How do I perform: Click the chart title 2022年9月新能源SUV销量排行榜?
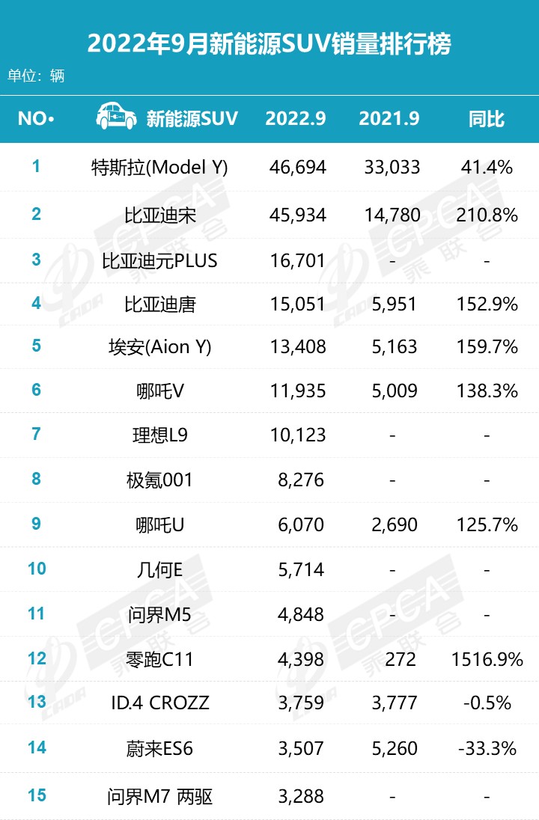coord(269,44)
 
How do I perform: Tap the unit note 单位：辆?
coord(36,76)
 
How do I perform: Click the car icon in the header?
coord(116,117)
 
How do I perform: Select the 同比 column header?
coord(487,118)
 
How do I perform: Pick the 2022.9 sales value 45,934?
coord(297,215)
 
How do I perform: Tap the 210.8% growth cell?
coord(487,215)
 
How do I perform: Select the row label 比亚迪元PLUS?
coord(159,260)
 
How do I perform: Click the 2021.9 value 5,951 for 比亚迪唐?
coord(393,305)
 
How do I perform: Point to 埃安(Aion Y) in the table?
coord(159,347)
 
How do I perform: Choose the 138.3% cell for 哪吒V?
coord(487,390)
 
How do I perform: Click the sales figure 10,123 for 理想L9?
coord(297,435)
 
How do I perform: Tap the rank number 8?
coord(36,479)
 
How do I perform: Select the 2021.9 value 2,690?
coord(393,524)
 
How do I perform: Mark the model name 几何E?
coord(159,569)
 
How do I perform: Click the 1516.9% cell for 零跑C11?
coord(487,659)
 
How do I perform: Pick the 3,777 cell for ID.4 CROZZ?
coord(393,703)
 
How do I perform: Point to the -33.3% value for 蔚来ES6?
coord(487,748)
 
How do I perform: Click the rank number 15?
coord(36,794)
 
